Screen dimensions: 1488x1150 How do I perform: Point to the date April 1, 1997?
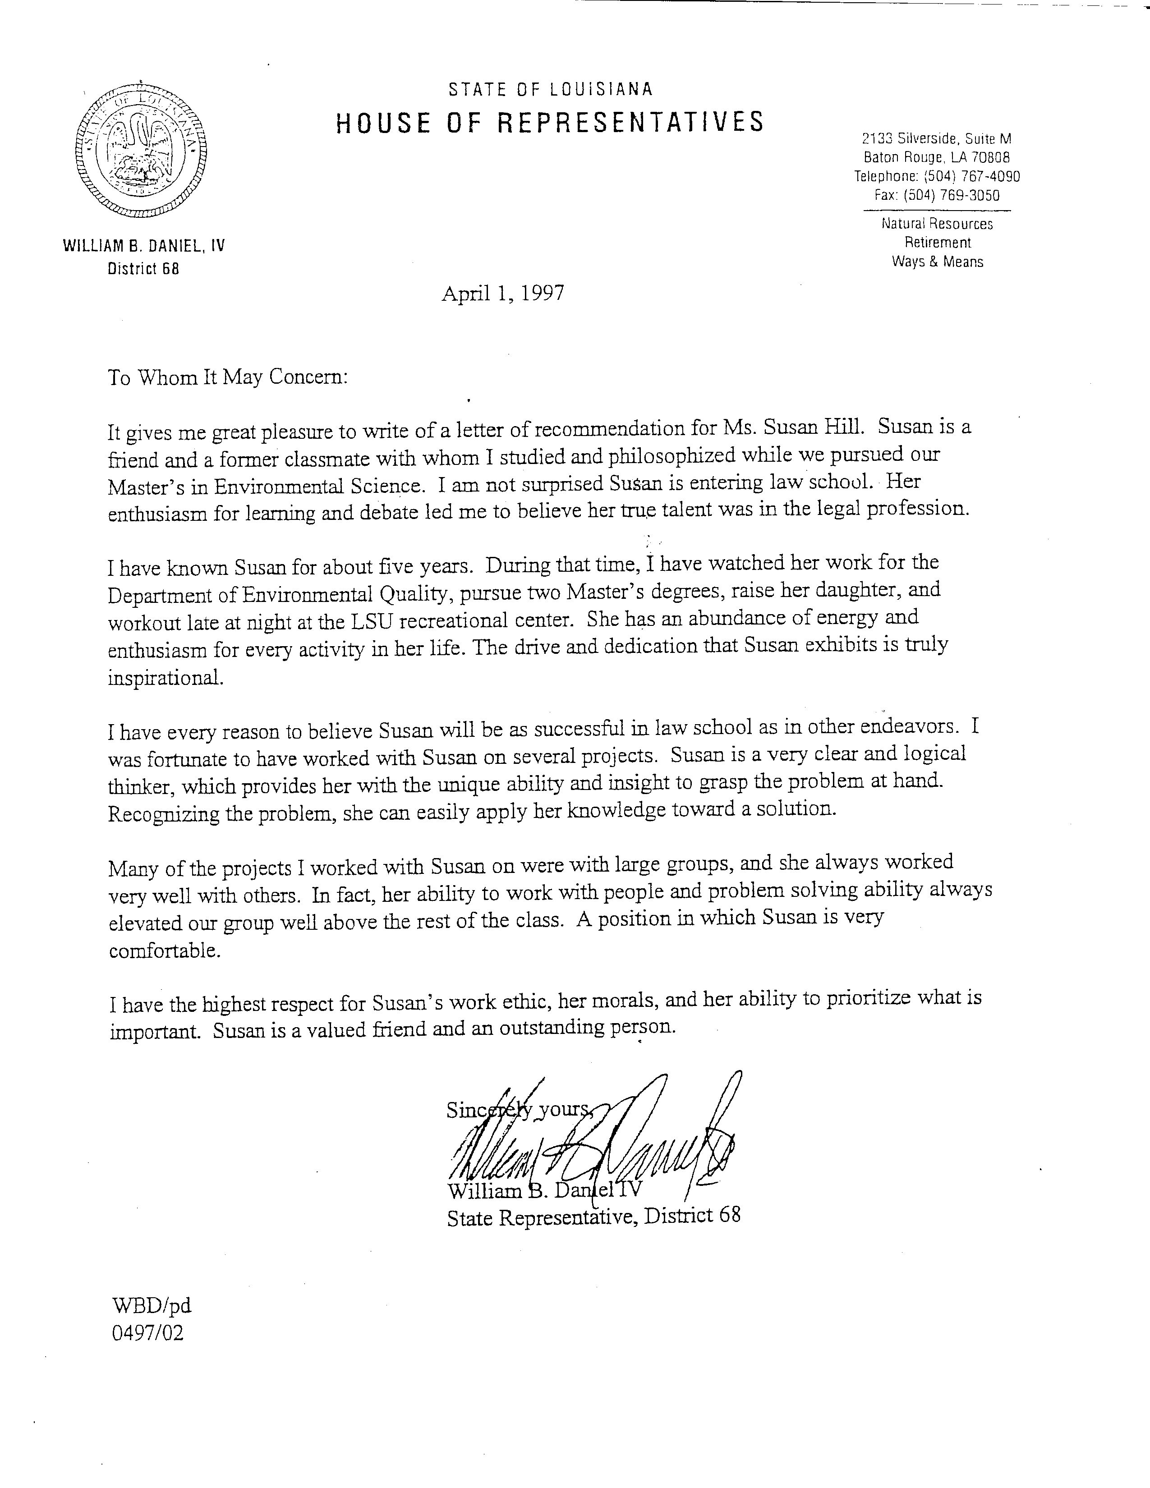coord(503,293)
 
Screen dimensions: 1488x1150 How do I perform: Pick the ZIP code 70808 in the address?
coord(991,157)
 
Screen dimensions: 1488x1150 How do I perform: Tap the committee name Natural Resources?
coord(938,224)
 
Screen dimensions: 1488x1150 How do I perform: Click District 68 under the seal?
coord(143,269)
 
